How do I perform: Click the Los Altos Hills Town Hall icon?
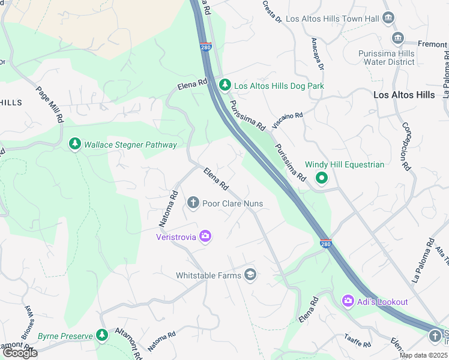click(388, 18)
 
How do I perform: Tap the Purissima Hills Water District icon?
click(397, 39)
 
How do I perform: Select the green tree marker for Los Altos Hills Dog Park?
click(224, 86)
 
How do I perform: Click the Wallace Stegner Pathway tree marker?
click(74, 144)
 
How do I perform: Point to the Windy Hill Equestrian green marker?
click(322, 178)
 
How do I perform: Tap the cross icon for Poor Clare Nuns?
click(193, 203)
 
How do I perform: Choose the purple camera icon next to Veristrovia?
click(205, 236)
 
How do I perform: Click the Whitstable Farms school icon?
click(250, 275)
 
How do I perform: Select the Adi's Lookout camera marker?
click(348, 301)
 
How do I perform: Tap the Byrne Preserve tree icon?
click(102, 335)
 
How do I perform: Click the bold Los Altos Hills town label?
click(403, 95)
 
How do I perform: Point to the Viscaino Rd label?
click(288, 120)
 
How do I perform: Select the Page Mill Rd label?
click(50, 104)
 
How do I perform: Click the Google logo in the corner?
click(19, 353)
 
